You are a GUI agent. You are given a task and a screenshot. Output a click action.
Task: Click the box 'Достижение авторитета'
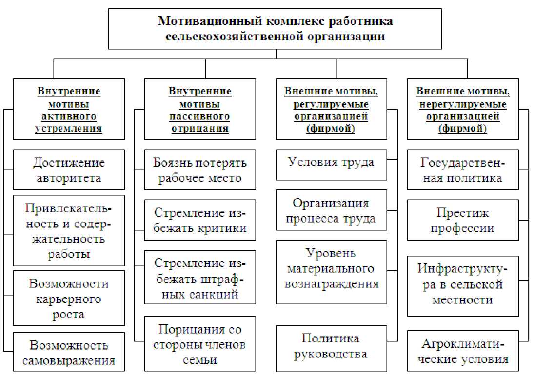click(69, 170)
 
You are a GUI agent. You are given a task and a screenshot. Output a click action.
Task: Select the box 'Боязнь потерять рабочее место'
click(200, 170)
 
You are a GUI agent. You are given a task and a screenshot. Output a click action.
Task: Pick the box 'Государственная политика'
click(462, 170)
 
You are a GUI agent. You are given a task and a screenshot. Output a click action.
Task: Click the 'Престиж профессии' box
click(462, 220)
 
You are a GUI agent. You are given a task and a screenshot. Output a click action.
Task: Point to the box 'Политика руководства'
click(331, 346)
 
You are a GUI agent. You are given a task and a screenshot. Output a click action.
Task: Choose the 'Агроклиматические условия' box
click(462, 352)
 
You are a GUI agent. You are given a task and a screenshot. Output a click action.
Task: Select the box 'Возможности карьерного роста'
click(69, 299)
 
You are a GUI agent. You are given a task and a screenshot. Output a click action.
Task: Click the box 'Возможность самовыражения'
click(69, 353)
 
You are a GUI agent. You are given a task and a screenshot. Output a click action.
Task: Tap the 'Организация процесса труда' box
click(331, 210)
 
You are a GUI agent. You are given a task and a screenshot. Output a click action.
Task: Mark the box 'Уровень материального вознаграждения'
click(331, 268)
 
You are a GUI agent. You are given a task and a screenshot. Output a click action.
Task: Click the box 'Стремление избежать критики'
click(200, 220)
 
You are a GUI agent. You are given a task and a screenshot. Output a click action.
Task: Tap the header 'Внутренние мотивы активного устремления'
click(69, 110)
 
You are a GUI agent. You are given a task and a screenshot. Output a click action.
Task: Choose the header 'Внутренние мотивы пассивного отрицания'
click(200, 110)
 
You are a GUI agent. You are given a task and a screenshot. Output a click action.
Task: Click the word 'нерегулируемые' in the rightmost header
click(461, 104)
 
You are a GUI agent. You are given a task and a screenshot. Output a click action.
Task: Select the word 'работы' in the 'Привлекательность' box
click(69, 255)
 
